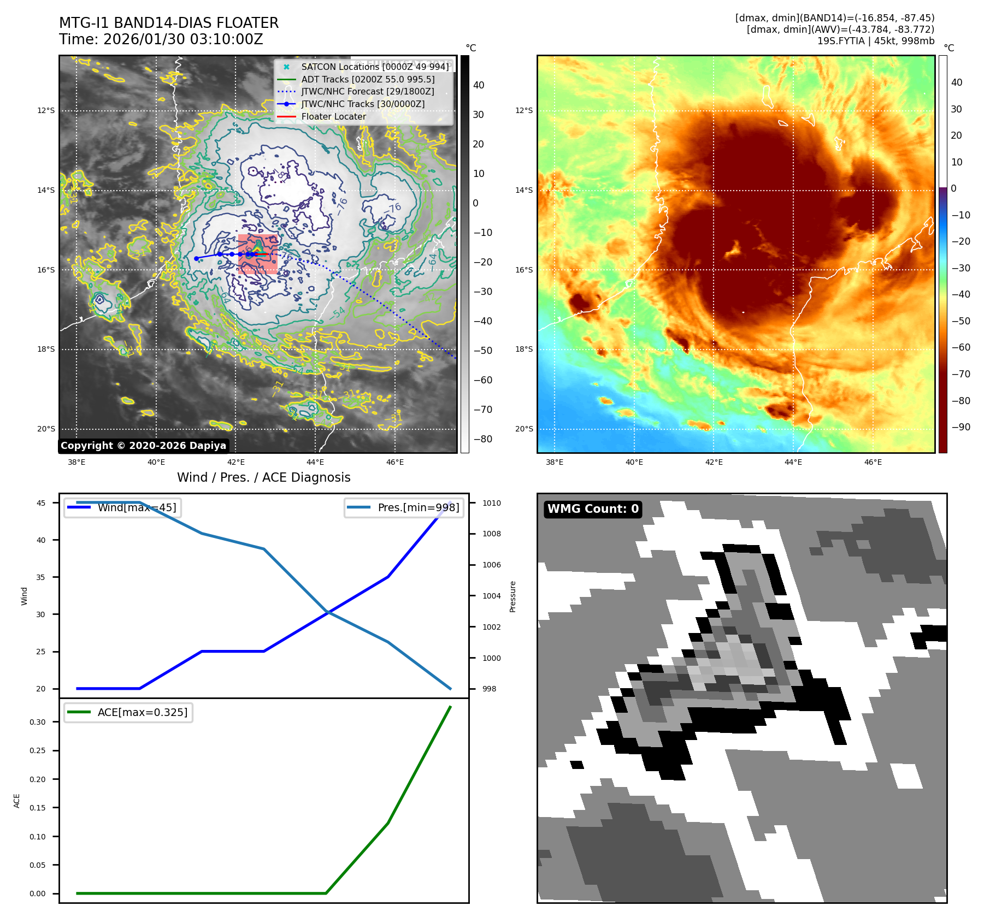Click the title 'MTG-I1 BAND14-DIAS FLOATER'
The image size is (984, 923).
coord(169,23)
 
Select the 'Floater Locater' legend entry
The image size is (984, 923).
coord(333,116)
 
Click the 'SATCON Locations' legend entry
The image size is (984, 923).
coord(375,67)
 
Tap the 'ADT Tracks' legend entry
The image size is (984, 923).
coord(368,79)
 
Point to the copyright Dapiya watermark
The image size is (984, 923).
coord(143,446)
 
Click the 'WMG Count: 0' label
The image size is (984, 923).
coord(593,509)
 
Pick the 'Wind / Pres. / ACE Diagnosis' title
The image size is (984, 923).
coord(263,477)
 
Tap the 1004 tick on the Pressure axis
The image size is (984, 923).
coord(491,596)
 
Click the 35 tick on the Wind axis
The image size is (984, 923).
coord(41,577)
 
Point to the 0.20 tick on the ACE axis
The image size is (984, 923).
coord(38,779)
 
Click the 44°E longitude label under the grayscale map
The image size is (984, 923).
coord(315,462)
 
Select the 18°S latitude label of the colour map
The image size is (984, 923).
coord(523,350)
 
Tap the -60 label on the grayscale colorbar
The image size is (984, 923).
coord(482,380)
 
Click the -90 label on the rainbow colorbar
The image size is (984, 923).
coord(961,427)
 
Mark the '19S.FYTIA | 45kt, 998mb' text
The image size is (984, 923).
coord(875,41)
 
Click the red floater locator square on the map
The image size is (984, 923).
coord(258,254)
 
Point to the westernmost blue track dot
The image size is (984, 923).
coord(196,258)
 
